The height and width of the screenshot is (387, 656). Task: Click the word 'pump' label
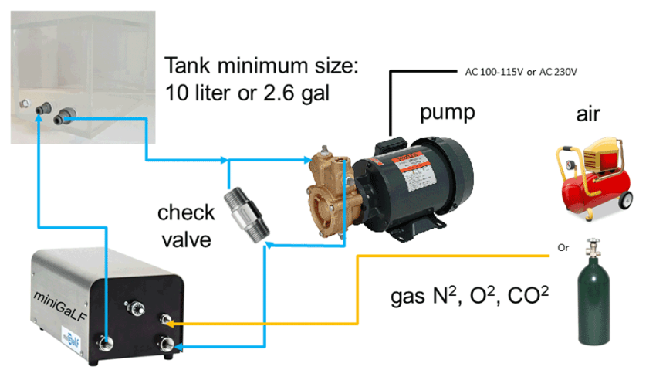click(x=447, y=112)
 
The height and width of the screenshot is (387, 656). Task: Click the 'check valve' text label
click(x=185, y=225)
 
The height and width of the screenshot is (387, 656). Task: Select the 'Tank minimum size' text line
click(x=262, y=66)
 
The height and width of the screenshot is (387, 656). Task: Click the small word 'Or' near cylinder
click(x=563, y=249)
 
